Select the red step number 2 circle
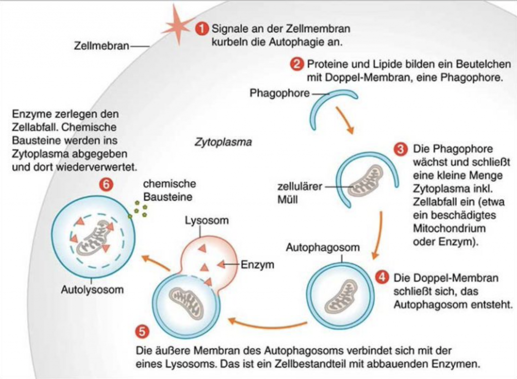tap(297, 64)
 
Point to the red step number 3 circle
tap(401, 150)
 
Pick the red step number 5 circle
tap(143, 332)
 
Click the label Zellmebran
tap(101, 46)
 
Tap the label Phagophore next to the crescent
tap(279, 93)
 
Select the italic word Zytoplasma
tap(223, 142)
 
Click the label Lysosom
tap(206, 221)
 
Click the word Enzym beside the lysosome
tap(257, 264)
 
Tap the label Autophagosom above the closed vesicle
tap(323, 248)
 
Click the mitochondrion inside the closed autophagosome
tap(341, 296)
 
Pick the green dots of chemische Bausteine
tap(138, 208)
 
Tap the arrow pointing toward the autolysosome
tap(154, 263)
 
